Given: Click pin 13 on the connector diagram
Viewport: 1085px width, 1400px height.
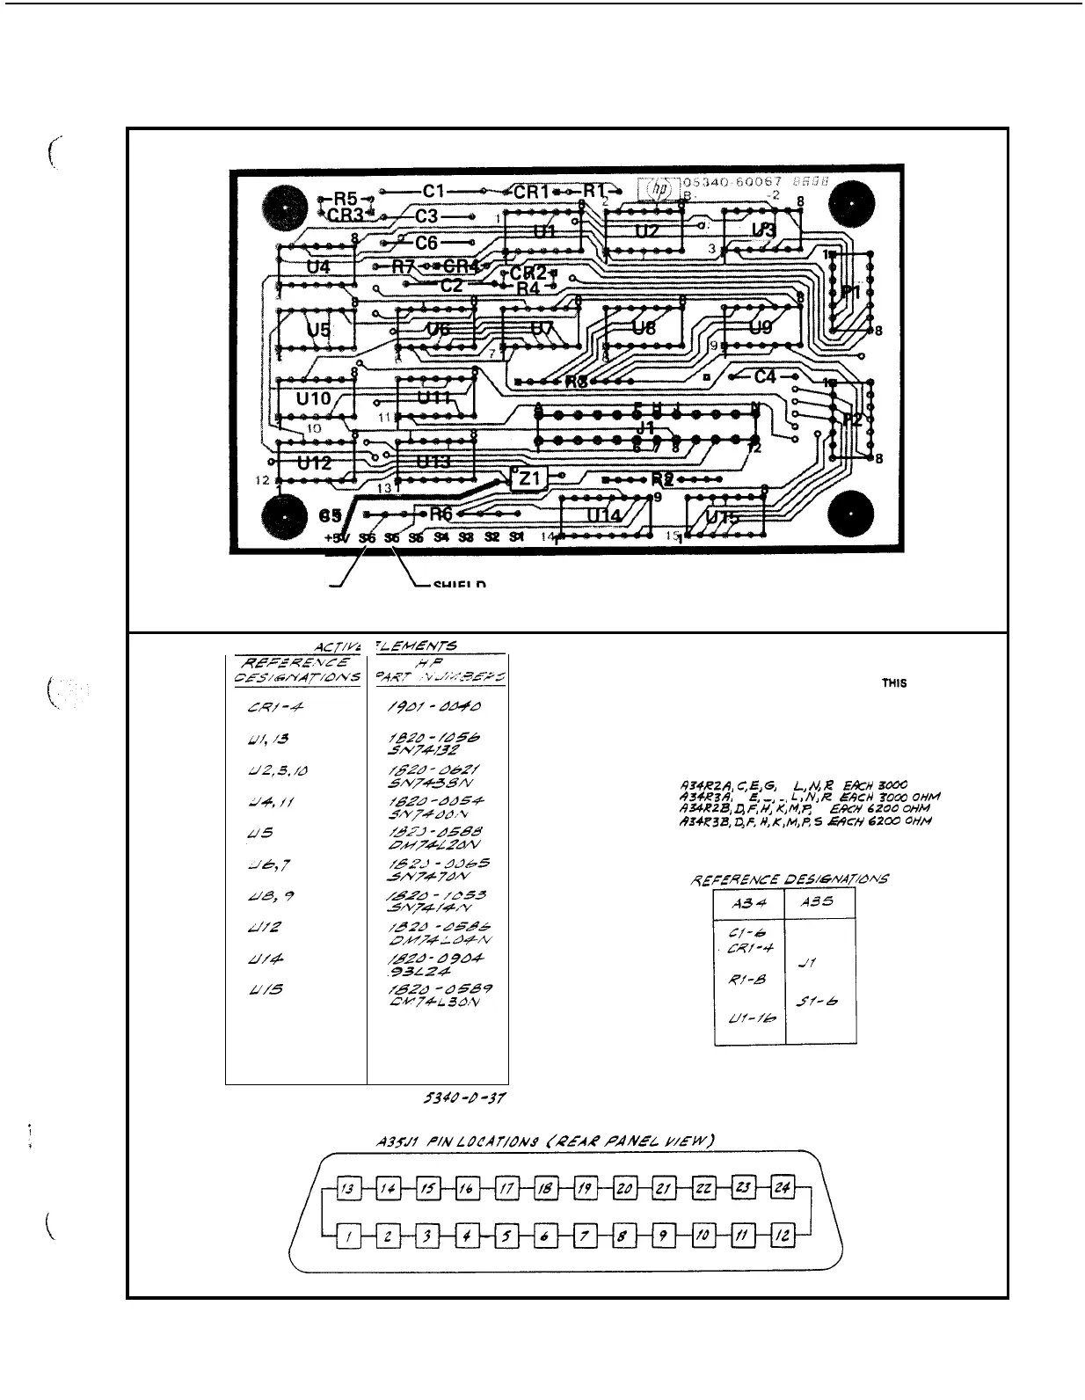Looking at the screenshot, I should click(x=348, y=1189).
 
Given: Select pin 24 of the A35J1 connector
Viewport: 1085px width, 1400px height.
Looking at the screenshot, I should click(x=783, y=1189).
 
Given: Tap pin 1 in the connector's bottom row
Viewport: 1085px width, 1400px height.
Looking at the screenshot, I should click(x=348, y=1237).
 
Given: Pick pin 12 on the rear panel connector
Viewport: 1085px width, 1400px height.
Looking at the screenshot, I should click(x=783, y=1237).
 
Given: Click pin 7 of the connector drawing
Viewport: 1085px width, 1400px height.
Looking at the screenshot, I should click(x=584, y=1237).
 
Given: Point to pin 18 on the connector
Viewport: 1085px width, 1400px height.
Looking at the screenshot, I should click(x=544, y=1189).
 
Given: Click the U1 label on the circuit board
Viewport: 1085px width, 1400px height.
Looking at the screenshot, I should click(x=545, y=231).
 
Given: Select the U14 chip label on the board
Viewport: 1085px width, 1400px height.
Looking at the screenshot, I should click(x=603, y=514).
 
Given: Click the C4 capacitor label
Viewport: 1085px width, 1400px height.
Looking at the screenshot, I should click(x=765, y=376).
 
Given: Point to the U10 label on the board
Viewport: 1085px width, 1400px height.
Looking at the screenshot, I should click(x=314, y=398).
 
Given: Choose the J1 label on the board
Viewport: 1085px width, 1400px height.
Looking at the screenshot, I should click(x=646, y=427).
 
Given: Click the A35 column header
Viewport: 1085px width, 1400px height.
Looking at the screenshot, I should click(x=819, y=901).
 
